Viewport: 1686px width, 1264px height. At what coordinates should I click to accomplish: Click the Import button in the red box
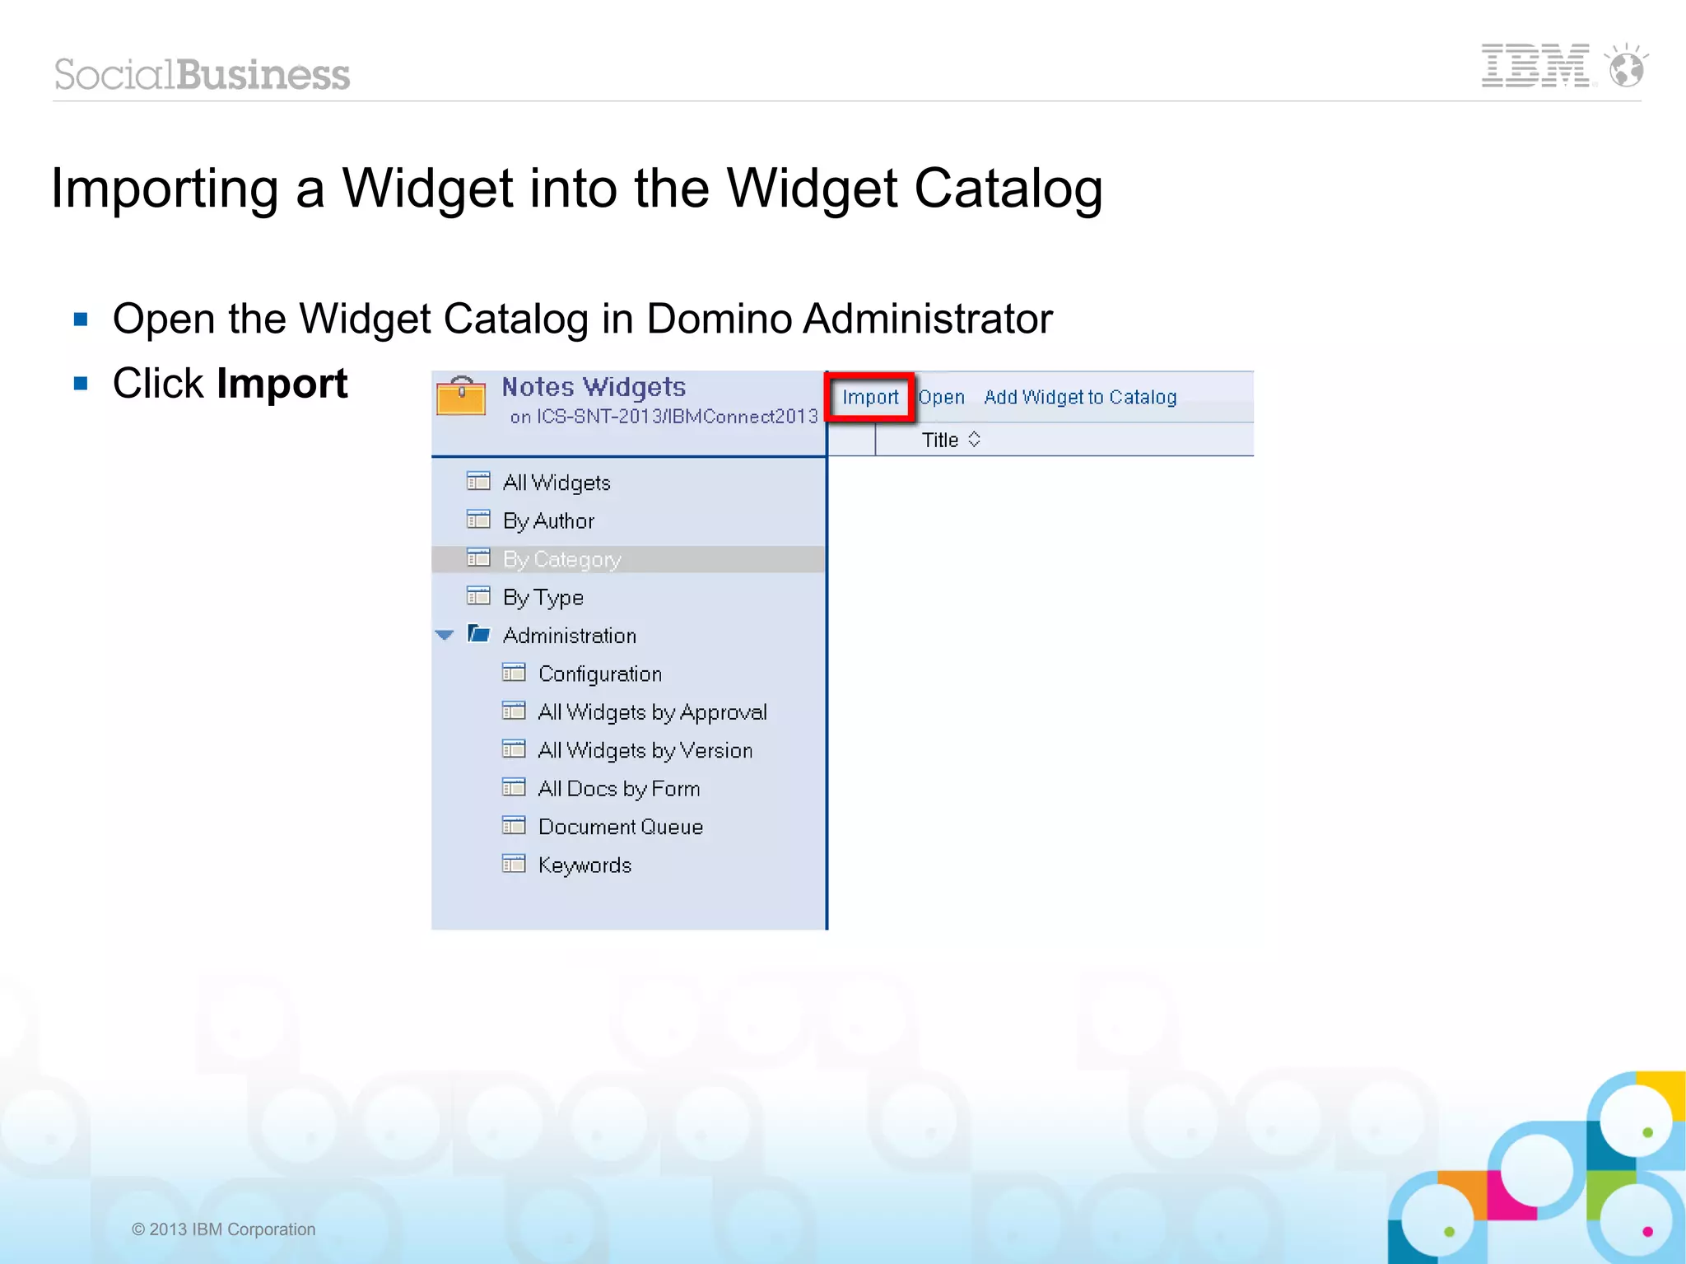(x=869, y=398)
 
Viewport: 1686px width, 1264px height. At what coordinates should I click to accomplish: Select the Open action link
(x=941, y=398)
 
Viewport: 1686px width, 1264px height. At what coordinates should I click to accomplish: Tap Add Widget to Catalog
(x=1080, y=398)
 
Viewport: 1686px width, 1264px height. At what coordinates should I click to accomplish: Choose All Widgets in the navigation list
(x=557, y=483)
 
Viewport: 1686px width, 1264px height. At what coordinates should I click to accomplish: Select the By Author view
(x=548, y=521)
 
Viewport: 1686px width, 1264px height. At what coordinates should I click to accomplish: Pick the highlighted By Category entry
(x=561, y=560)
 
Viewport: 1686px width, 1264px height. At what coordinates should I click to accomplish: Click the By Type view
(x=543, y=598)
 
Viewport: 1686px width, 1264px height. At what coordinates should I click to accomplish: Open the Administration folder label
(x=570, y=636)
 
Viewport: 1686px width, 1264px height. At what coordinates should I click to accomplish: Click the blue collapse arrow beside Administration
(x=445, y=635)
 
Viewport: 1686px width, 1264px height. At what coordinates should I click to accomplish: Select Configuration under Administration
(x=600, y=674)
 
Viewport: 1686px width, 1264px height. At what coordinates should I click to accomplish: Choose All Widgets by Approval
(x=652, y=712)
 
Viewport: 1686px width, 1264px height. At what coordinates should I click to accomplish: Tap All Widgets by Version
(x=645, y=751)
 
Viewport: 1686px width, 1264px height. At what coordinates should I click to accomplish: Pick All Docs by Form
(x=619, y=789)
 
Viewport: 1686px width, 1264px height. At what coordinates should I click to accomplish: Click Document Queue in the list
(x=621, y=827)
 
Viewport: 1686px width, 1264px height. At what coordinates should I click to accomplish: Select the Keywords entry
(x=585, y=865)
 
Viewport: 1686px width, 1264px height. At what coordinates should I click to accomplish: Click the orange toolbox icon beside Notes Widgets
(x=461, y=396)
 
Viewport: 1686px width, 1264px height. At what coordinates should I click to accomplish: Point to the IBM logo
(x=1536, y=66)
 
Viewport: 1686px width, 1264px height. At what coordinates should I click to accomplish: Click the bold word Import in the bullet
(x=282, y=384)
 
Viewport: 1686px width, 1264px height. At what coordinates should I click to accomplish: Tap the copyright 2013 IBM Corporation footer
(x=224, y=1229)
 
